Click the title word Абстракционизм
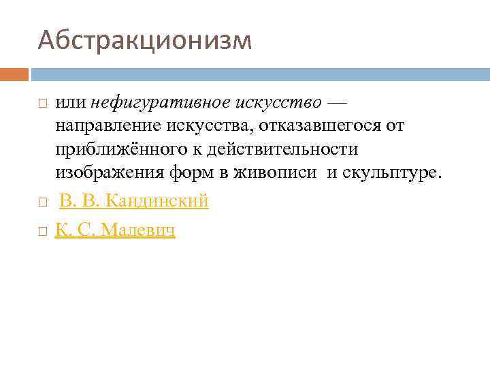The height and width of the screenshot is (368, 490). (x=144, y=41)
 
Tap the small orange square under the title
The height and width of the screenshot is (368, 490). (x=14, y=74)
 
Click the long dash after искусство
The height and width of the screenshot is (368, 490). (x=336, y=102)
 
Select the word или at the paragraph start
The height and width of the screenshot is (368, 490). (x=71, y=102)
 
